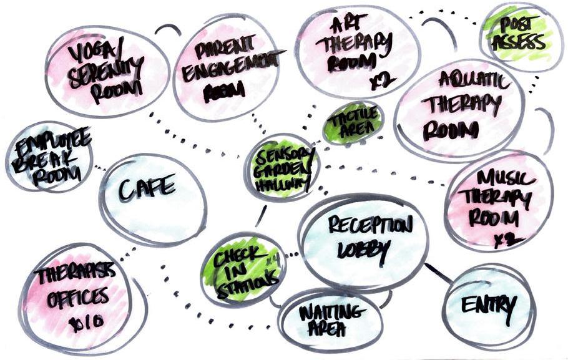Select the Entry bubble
point(489,306)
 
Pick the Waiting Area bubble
point(330,319)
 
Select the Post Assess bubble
point(521,36)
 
